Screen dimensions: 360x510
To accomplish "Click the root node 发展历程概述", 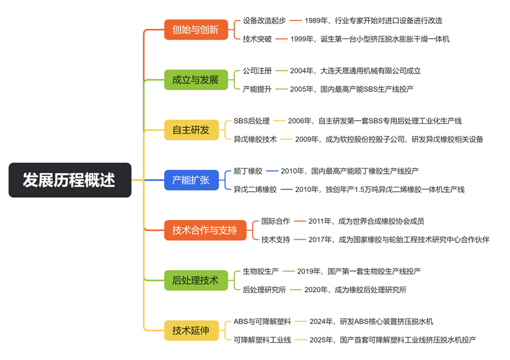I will click(70, 180).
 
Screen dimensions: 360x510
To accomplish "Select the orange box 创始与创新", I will click(195, 29).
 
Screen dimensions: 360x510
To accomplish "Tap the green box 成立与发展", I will click(195, 79).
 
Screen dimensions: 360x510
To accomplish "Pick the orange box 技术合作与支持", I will click(204, 230).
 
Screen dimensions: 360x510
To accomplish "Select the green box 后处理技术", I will click(195, 280).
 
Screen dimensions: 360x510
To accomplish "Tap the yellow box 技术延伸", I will click(191, 330).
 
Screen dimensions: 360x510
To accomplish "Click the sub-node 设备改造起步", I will click(264, 20).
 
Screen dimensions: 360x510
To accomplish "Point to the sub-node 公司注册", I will click(257, 70).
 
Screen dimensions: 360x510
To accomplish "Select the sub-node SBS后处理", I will click(251, 121).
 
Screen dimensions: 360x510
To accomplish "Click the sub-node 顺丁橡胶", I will click(248, 171).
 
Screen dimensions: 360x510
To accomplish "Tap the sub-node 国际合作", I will click(275, 221).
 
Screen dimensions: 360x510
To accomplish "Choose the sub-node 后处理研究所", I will click(264, 290).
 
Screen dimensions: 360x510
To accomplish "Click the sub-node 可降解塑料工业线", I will click(262, 340).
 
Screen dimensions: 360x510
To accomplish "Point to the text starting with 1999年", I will click(369, 39).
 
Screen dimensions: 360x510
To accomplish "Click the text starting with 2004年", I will click(355, 70).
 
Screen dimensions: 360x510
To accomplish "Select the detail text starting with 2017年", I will click(399, 239).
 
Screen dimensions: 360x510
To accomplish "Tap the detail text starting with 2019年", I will click(358, 271).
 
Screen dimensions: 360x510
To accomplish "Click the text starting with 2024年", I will click(371, 322).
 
